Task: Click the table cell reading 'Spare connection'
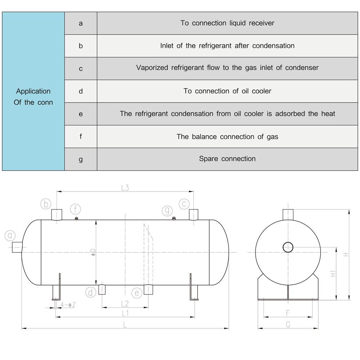pyautogui.click(x=227, y=159)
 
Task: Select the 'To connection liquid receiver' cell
pyautogui.click(x=227, y=23)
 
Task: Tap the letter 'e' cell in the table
pyautogui.click(x=81, y=114)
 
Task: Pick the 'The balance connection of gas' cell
pyautogui.click(x=227, y=136)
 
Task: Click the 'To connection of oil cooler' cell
pyautogui.click(x=227, y=91)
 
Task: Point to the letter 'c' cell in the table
pyautogui.click(x=81, y=68)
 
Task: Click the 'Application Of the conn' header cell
pyautogui.click(x=33, y=96)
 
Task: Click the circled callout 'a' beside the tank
pyautogui.click(x=10, y=236)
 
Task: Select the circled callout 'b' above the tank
pyautogui.click(x=46, y=204)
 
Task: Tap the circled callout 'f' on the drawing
pyautogui.click(x=76, y=208)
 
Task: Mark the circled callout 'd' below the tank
pyautogui.click(x=91, y=292)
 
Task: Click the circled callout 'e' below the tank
pyautogui.click(x=137, y=293)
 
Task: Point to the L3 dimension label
pyautogui.click(x=125, y=188)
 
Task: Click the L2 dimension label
pyautogui.click(x=125, y=303)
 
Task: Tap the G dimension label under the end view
pyautogui.click(x=288, y=324)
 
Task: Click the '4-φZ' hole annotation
pyautogui.click(x=68, y=305)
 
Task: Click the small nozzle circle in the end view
pyautogui.click(x=288, y=247)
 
